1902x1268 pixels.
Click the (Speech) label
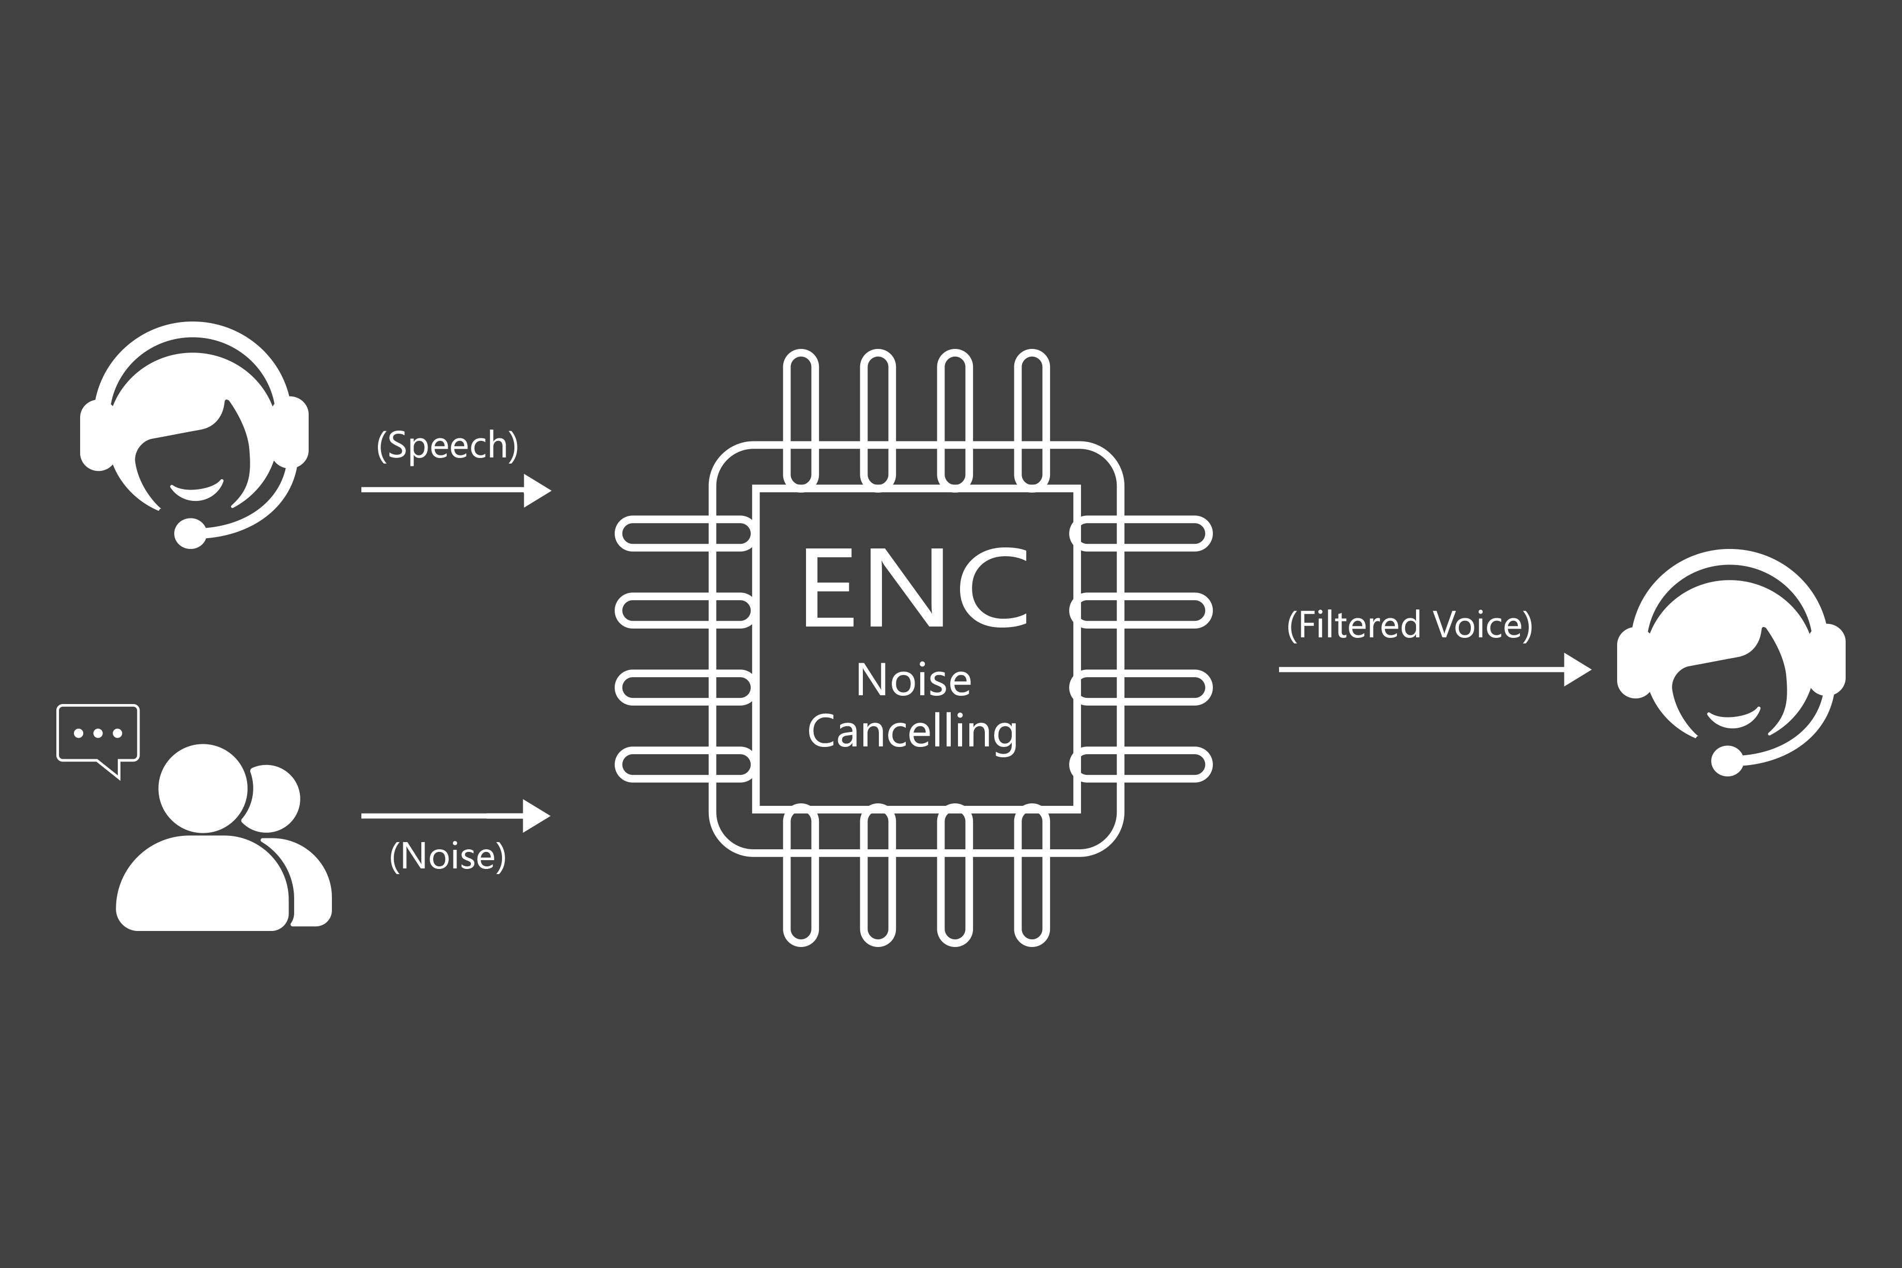tap(447, 446)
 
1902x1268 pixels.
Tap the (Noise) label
tap(447, 857)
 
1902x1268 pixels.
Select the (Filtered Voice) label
tap(1409, 625)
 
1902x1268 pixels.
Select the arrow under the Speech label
tap(456, 490)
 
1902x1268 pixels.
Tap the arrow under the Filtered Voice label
tap(1435, 669)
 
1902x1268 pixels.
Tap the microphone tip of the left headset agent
tap(190, 533)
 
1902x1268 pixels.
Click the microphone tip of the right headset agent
tap(1727, 761)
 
